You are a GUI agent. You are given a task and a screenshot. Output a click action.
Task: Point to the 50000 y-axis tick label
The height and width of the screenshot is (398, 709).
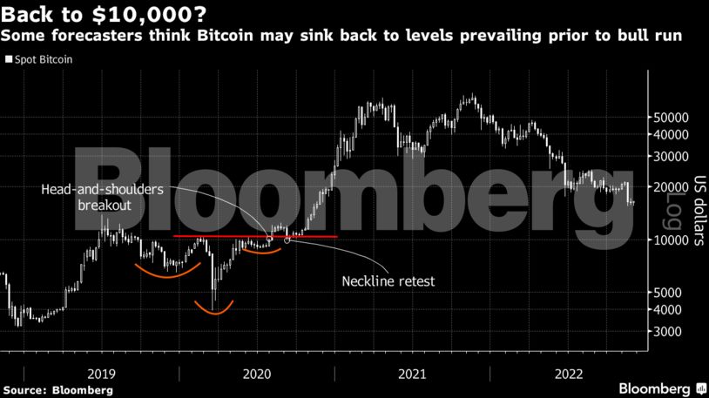672,117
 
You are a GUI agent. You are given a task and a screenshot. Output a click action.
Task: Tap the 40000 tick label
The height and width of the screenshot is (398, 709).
672,134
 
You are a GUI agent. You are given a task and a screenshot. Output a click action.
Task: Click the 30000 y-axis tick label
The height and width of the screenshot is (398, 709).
672,156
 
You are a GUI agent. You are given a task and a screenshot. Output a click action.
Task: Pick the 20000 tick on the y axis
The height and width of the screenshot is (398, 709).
672,186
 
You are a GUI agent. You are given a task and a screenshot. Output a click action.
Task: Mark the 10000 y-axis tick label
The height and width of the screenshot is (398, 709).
672,239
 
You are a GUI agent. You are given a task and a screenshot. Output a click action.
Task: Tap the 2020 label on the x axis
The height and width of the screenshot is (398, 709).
257,373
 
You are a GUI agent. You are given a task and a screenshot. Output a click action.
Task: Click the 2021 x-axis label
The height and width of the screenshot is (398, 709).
413,373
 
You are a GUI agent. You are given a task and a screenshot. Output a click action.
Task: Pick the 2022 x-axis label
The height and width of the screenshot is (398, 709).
569,373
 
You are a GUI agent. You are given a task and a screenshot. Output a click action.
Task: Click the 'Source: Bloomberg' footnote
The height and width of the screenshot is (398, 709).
57,390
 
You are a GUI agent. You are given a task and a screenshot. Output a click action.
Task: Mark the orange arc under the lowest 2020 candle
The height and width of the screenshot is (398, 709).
214,310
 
